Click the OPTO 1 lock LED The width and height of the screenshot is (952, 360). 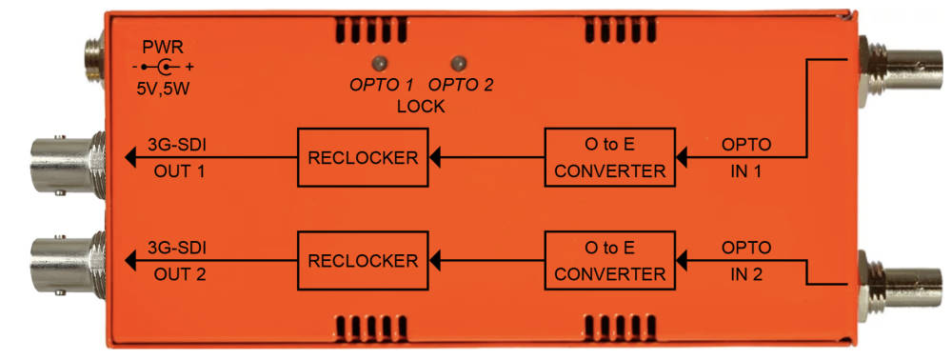click(380, 63)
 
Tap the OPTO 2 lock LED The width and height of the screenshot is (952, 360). click(459, 63)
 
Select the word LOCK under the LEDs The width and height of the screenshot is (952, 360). click(421, 107)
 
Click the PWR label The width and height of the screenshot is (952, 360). click(162, 47)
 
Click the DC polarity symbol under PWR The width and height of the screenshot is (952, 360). click(163, 67)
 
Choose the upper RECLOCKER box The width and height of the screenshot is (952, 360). click(363, 157)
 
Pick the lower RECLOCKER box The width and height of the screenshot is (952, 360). click(363, 260)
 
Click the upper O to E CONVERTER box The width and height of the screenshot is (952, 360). click(609, 157)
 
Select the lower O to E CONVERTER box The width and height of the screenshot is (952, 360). click(609, 260)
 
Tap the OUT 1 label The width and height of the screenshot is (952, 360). click(179, 171)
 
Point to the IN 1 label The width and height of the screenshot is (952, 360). click(746, 171)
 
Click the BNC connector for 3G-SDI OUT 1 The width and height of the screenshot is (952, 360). click(67, 163)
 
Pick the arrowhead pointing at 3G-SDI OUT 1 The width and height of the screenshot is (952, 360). click(129, 157)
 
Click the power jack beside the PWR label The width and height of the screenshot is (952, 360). click(93, 61)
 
